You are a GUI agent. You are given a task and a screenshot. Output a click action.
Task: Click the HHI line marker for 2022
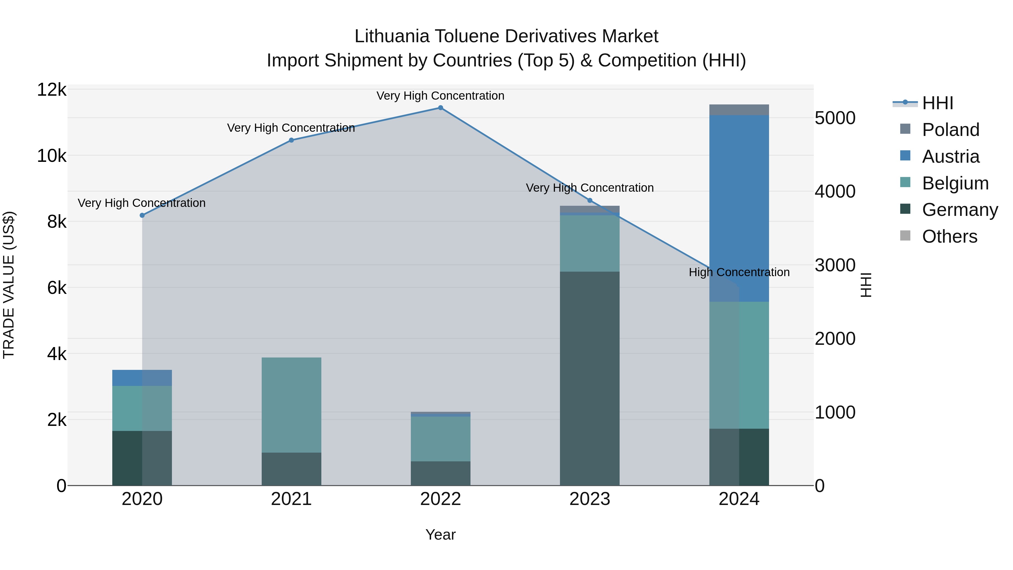click(x=440, y=108)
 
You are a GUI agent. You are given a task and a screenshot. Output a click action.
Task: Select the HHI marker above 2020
click(x=142, y=215)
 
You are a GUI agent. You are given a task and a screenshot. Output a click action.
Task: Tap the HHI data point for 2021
click(x=292, y=140)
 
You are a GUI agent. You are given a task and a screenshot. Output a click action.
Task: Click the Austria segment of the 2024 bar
click(x=739, y=209)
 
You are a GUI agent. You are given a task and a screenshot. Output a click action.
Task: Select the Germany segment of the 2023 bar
click(x=590, y=378)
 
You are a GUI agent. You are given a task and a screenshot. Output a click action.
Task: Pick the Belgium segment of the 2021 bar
click(x=292, y=405)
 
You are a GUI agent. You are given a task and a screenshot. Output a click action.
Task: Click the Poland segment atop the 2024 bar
click(x=739, y=110)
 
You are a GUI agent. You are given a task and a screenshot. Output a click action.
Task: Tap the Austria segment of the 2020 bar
click(x=142, y=378)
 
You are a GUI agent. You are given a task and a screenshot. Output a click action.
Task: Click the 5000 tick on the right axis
click(x=835, y=118)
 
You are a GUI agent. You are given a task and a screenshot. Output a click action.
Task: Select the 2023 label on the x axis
click(x=590, y=499)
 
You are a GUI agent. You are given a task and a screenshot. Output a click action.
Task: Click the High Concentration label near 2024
click(x=739, y=272)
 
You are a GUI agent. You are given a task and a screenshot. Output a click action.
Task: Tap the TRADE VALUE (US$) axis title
click(x=9, y=285)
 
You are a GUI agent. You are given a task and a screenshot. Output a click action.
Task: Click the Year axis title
click(x=440, y=535)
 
